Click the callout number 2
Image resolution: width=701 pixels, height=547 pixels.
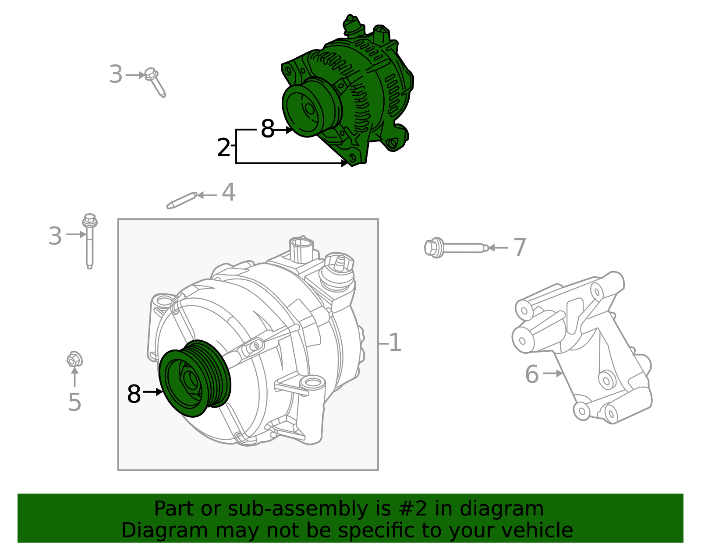(x=223, y=148)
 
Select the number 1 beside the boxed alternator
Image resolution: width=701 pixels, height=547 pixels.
(x=395, y=343)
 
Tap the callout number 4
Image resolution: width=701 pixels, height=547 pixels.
(x=228, y=193)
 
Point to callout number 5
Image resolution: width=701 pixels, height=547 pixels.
(x=74, y=402)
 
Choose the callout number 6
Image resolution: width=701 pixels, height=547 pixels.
(x=531, y=374)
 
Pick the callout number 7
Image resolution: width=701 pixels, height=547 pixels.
(x=520, y=248)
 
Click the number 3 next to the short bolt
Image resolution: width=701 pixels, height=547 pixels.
(x=116, y=75)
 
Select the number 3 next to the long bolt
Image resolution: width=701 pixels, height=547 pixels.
(x=55, y=236)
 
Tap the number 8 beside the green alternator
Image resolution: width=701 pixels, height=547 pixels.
(x=267, y=129)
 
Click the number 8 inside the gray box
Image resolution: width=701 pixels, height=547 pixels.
(x=134, y=394)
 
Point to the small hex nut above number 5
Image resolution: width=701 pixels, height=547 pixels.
(x=74, y=360)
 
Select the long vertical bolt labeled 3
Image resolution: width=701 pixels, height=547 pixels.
(x=89, y=241)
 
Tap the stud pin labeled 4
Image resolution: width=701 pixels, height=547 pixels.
(x=181, y=200)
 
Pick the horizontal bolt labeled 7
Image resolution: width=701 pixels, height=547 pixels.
(x=456, y=248)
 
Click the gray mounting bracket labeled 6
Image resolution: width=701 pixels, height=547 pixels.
(x=583, y=346)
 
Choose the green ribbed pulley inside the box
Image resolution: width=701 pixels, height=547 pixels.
(x=195, y=379)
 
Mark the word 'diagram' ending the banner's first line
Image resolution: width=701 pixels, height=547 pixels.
(x=511, y=509)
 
